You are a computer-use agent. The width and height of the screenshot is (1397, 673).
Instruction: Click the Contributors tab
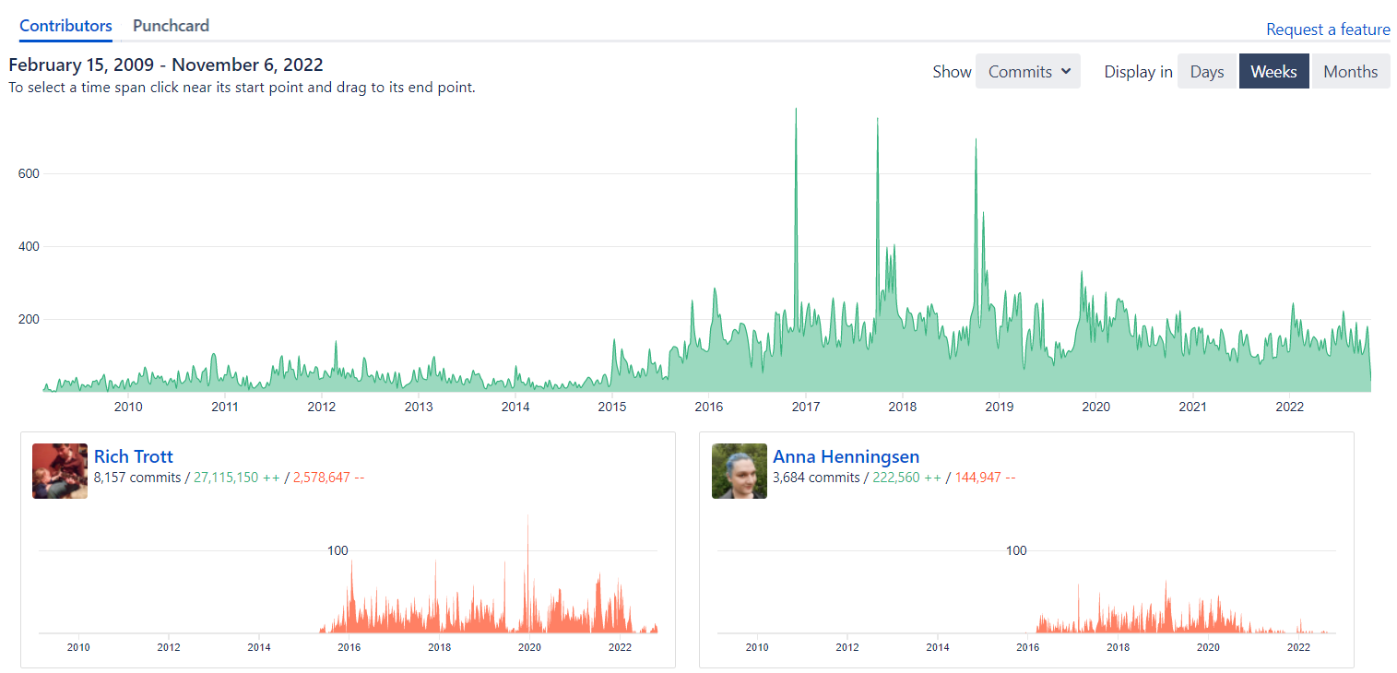65,26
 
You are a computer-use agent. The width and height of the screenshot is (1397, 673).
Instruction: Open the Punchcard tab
171,26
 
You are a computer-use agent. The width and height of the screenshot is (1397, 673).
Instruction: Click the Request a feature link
1327,30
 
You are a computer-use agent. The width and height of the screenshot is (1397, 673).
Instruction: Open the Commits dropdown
1027,72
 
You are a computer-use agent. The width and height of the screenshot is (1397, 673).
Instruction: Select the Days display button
1206,72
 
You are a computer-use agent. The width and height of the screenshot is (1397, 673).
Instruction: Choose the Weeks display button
1273,72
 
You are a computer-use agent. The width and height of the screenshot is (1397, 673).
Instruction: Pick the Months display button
1350,72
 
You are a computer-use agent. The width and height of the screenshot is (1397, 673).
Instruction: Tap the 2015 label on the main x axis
612,407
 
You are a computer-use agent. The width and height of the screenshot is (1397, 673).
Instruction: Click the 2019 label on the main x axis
999,407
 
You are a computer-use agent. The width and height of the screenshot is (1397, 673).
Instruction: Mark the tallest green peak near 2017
796,110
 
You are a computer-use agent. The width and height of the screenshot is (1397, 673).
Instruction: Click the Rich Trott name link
134,456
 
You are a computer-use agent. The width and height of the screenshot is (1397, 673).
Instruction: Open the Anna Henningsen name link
846,456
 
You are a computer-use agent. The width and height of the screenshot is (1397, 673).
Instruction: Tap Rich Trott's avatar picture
60,471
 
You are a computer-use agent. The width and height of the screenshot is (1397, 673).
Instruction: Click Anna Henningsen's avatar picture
740,471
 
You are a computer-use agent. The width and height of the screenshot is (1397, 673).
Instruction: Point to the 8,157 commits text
136,478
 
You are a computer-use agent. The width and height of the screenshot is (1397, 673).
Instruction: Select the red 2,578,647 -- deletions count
328,478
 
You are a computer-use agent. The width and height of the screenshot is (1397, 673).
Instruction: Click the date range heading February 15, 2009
165,65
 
